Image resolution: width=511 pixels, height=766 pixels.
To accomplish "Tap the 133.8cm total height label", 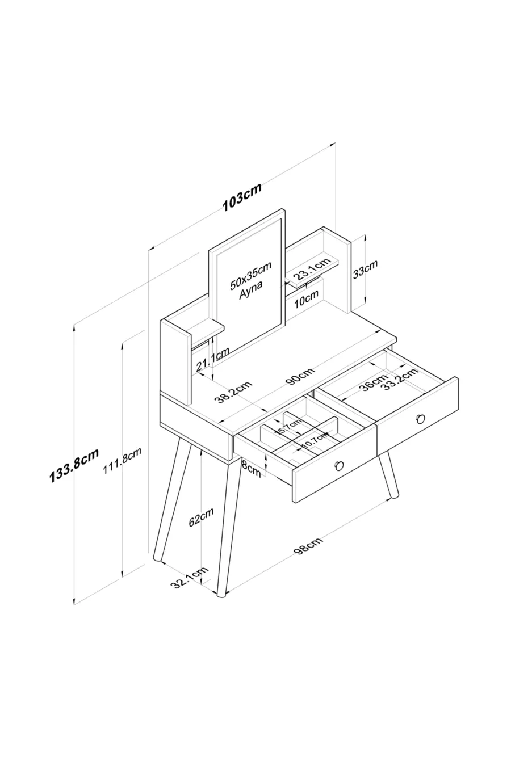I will point(74,464).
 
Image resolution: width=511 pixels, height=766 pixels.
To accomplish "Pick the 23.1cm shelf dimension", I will point(312,269).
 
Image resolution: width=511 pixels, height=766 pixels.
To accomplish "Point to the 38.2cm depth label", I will point(233,391).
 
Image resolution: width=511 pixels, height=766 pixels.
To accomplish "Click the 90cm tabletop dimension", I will point(300,376).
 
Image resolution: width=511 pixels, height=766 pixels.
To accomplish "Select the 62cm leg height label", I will point(202,517).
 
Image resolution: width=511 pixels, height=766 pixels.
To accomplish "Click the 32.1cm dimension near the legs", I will point(191,576).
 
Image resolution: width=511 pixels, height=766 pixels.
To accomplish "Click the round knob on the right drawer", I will point(420,418).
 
